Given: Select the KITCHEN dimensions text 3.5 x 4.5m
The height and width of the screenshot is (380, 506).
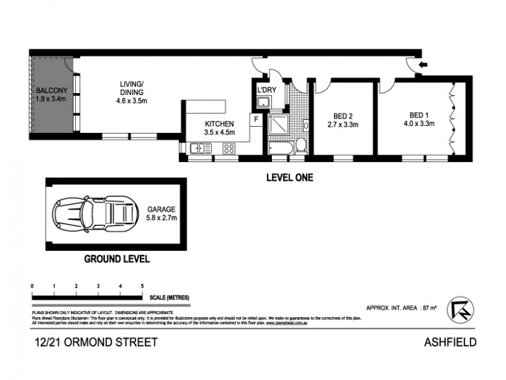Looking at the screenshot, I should point(219,132).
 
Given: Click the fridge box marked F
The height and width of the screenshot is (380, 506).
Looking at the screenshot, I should point(256,118).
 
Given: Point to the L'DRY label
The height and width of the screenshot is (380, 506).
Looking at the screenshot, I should point(265,89).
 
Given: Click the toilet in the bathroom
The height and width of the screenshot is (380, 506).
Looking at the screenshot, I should point(302,146).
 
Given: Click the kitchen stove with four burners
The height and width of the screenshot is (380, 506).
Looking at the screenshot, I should point(229,148).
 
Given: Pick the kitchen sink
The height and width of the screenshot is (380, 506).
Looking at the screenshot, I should point(201,148).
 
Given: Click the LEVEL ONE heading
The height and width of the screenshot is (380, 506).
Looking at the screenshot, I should point(288,179).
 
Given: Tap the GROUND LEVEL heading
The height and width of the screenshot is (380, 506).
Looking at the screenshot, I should point(117,258).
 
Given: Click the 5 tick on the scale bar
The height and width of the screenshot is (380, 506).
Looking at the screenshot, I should point(142,287).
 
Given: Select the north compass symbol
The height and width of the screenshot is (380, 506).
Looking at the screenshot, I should point(460,309).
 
